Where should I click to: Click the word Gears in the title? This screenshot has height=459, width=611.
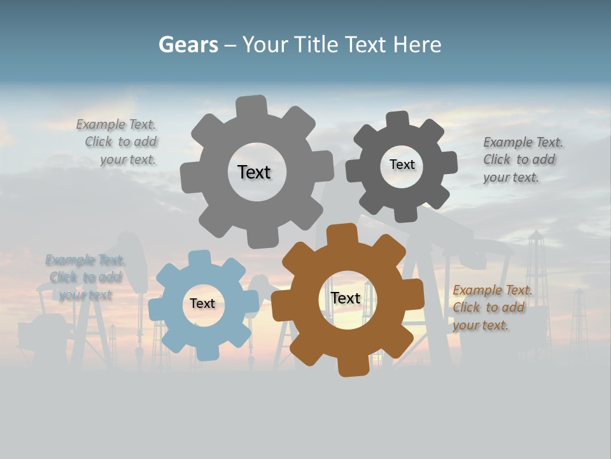[188, 45]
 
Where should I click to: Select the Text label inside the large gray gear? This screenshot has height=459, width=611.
[254, 172]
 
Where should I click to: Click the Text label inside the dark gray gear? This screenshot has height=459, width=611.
[402, 164]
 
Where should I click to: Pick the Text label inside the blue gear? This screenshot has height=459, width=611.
[202, 303]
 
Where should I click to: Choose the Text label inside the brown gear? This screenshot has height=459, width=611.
[346, 298]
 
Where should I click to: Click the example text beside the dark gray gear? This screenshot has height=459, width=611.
[522, 159]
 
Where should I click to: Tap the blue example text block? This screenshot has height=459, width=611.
[84, 277]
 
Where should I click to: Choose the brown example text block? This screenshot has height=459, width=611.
[491, 307]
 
